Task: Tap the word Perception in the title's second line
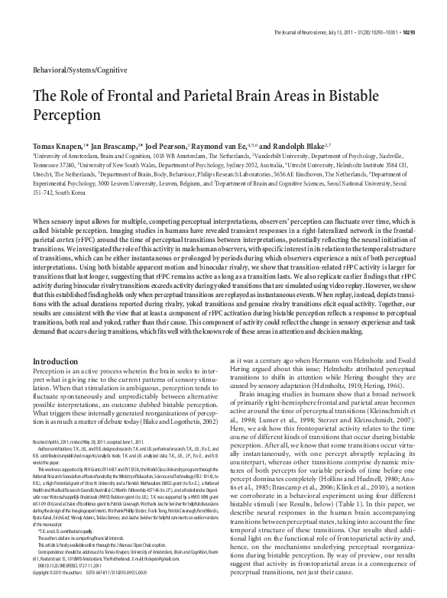point(63,115)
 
